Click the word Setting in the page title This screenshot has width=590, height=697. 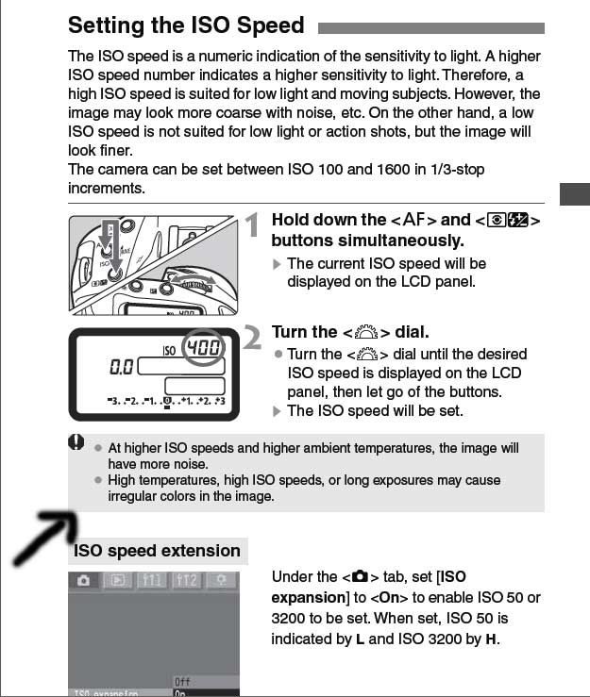point(107,25)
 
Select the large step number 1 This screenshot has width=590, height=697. point(251,225)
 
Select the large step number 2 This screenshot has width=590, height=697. point(251,339)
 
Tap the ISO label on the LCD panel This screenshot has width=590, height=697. point(169,350)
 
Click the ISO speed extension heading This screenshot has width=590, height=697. point(158,551)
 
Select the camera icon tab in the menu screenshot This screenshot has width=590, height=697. point(83,581)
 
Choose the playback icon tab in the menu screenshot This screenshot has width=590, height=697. point(117,581)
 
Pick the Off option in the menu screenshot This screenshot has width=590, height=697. point(183,681)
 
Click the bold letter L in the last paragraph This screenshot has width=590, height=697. point(360,639)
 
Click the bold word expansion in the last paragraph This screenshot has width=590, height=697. point(307,597)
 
